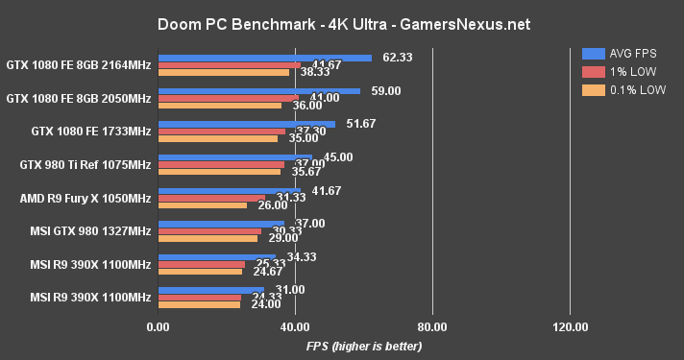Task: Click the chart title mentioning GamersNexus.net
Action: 341,22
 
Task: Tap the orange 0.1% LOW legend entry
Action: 621,89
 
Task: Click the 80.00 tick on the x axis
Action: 432,327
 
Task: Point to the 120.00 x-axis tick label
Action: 570,327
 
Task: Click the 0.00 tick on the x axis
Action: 158,327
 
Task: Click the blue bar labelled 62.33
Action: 264,58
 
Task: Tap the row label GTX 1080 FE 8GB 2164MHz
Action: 79,65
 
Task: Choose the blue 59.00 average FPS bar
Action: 258,91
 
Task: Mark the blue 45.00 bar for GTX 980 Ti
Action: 234,157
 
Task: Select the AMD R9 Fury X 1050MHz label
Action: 85,198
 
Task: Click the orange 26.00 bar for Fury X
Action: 202,205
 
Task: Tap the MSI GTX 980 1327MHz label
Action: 91,230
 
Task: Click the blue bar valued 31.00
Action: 210,289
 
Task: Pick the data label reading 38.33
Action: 309,73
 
